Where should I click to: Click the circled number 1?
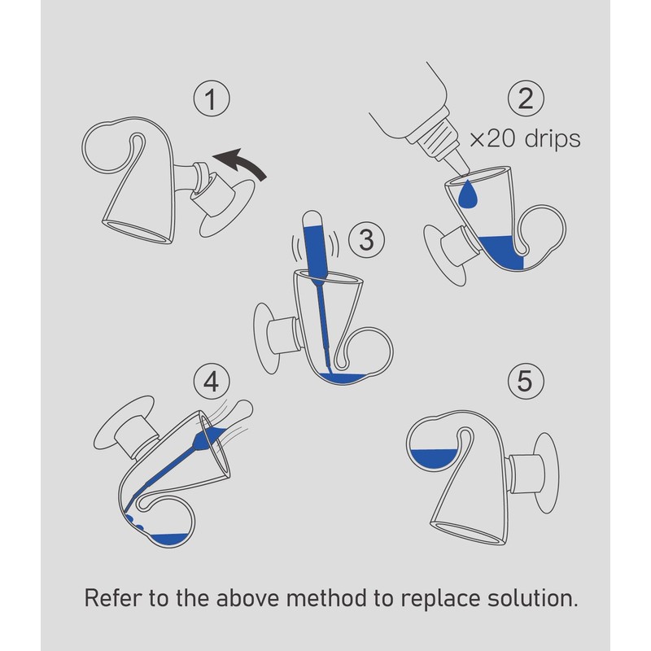[x=212, y=98]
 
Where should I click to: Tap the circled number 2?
[x=526, y=98]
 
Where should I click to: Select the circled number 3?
[x=366, y=239]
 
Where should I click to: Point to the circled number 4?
[x=212, y=381]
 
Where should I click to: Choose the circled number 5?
[x=525, y=381]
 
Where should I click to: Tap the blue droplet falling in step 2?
[x=468, y=194]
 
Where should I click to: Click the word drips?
[x=553, y=138]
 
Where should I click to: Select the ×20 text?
[x=494, y=139]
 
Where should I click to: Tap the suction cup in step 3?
[x=265, y=339]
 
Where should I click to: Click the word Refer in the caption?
[x=113, y=598]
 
